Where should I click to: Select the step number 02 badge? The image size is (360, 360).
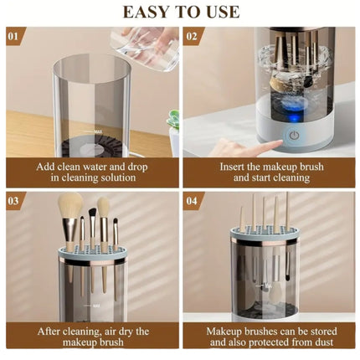(193, 36)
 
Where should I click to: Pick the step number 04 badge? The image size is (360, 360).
(193, 201)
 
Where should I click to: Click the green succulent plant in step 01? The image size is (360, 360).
(173, 121)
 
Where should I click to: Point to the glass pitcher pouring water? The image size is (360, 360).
(145, 48)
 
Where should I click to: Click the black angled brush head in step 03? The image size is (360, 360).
(92, 214)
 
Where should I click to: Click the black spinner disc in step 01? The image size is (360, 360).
(91, 147)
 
